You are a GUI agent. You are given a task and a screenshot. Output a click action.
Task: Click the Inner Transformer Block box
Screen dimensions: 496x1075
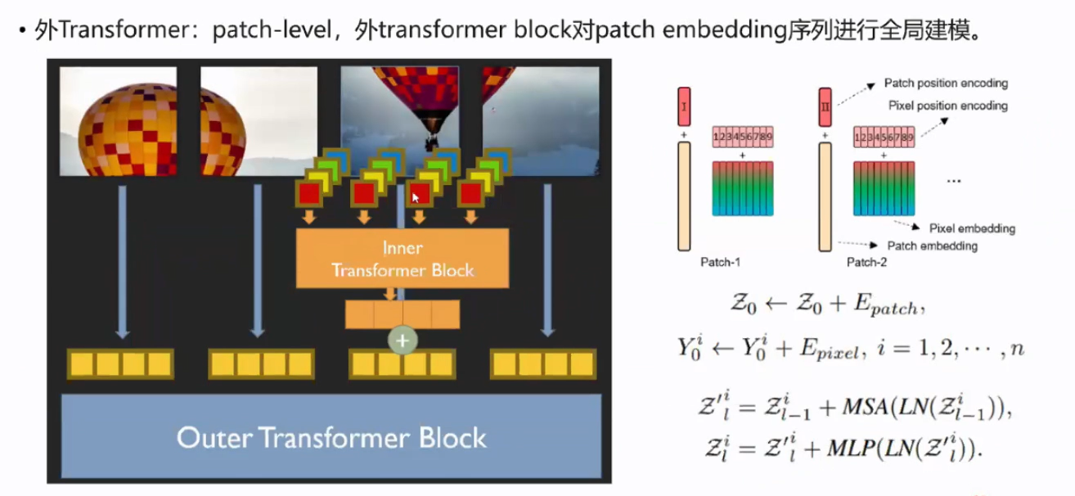coord(402,258)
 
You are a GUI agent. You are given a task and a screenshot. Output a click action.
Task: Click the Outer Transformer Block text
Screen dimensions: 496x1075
coord(331,437)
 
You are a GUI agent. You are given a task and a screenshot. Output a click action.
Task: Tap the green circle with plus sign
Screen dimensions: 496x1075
coord(403,339)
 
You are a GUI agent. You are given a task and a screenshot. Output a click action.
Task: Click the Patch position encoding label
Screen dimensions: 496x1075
coord(946,83)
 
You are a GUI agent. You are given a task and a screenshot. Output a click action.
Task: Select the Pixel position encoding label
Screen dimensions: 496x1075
coord(947,106)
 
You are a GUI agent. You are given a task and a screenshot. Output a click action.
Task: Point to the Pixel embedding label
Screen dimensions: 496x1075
coord(972,228)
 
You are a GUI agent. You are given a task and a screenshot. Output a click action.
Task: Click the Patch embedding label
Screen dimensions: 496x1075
coord(932,246)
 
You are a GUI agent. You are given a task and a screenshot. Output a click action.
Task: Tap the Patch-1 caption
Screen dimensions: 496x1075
coord(720,263)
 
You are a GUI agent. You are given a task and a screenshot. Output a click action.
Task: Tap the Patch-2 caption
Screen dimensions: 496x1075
coord(866,263)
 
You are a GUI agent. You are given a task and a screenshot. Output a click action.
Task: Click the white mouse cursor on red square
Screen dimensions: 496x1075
coord(416,197)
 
